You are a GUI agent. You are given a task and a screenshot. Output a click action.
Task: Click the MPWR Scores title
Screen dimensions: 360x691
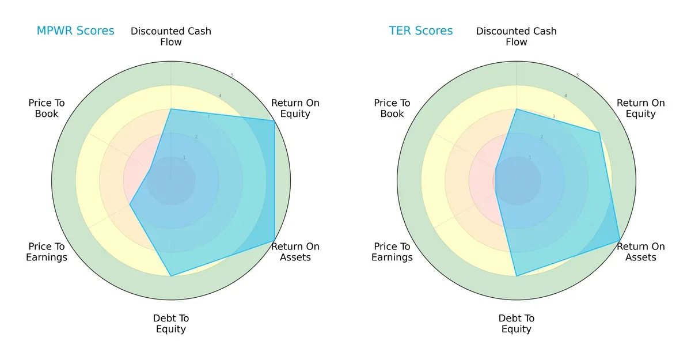[x=75, y=31]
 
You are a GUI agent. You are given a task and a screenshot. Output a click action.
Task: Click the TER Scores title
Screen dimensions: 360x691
[x=421, y=31]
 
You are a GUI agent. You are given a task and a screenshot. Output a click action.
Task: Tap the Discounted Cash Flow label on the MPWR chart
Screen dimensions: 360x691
[x=171, y=36]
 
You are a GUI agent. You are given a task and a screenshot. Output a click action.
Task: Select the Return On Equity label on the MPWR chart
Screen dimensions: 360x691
[x=295, y=108]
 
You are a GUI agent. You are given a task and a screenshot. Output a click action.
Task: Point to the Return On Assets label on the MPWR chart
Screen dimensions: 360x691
[x=295, y=252]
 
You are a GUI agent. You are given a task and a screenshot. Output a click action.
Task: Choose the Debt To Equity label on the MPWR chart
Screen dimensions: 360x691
[x=171, y=324]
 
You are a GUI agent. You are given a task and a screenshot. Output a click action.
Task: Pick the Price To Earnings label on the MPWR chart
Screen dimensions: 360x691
[x=47, y=252]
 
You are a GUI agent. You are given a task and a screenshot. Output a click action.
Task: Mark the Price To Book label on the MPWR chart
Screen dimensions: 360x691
[x=47, y=108]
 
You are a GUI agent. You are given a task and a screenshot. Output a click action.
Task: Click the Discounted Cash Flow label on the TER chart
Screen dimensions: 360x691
[x=517, y=36]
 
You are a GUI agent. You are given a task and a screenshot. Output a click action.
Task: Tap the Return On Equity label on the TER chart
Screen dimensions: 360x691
[x=641, y=108]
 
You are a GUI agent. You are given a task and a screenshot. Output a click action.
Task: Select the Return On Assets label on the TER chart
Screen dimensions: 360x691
[x=641, y=252]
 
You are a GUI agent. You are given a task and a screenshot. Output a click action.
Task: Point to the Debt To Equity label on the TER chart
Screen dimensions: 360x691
[x=517, y=324]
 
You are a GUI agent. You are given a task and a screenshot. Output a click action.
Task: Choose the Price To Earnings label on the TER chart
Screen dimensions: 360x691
[x=392, y=252]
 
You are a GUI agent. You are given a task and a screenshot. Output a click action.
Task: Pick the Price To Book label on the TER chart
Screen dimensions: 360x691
[x=392, y=108]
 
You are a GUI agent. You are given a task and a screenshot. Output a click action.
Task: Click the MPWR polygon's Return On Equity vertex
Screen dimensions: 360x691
[x=274, y=120]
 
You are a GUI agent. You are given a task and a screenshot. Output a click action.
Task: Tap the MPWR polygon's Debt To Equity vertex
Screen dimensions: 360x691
[x=171, y=276]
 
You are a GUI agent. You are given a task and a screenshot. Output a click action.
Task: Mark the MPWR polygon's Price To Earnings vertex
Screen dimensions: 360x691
[x=130, y=204]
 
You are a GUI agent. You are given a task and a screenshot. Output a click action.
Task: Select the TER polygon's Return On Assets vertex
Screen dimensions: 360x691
[x=620, y=240]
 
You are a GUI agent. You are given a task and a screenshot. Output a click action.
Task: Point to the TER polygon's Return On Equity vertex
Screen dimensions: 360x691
[x=599, y=132]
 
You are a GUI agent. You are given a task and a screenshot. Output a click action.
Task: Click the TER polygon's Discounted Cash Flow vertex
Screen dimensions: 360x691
[x=517, y=109]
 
